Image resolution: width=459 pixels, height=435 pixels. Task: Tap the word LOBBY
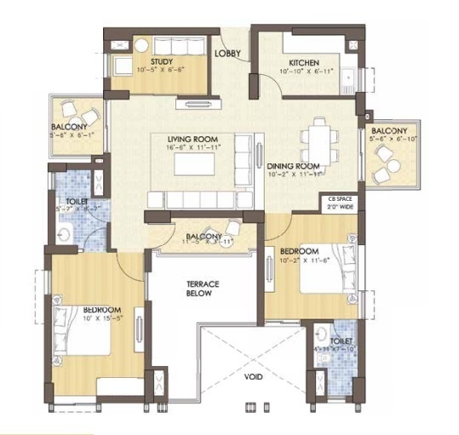227,54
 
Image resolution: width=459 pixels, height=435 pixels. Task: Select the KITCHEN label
303,63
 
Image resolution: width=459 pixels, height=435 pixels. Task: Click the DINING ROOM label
293,166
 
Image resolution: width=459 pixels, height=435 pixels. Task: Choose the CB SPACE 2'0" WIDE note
335,203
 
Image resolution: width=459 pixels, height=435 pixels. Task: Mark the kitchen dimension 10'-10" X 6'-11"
304,73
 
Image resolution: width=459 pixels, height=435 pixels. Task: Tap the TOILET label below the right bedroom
332,340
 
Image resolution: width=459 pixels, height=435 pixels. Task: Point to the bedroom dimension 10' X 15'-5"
101,318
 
